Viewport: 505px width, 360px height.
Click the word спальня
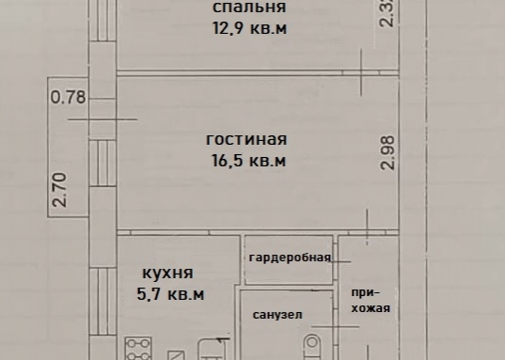[248, 8]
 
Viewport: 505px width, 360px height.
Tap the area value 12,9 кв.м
[248, 28]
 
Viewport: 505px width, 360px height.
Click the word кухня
[167, 274]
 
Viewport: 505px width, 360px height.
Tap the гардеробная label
[289, 258]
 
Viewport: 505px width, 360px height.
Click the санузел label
[277, 316]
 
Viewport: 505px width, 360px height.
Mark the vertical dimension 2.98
[387, 152]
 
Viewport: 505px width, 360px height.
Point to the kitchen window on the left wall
[97, 301]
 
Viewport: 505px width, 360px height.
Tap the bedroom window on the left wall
[97, 28]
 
